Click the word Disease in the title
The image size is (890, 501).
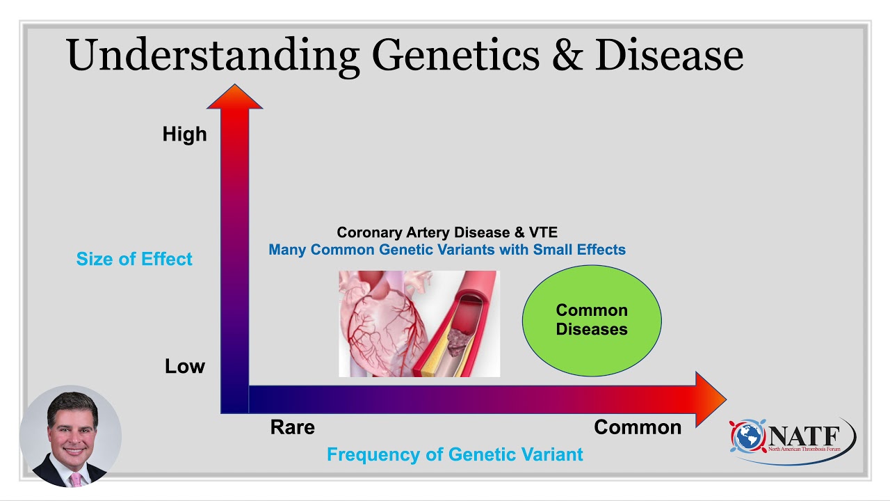coord(669,56)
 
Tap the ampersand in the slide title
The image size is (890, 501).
coord(567,56)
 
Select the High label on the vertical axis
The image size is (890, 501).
coord(184,134)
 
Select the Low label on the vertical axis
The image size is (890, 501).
coord(184,367)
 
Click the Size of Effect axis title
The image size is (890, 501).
coord(134,260)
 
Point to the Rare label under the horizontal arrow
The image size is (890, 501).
coord(292,427)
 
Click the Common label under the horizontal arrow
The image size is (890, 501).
coord(637,427)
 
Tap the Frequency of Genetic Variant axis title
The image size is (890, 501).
coord(455,455)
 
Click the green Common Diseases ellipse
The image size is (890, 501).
coord(591,320)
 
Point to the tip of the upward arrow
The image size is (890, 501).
coord(234,88)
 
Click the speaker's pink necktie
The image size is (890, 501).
coord(75,479)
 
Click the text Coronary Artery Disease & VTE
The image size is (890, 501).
coord(446,232)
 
